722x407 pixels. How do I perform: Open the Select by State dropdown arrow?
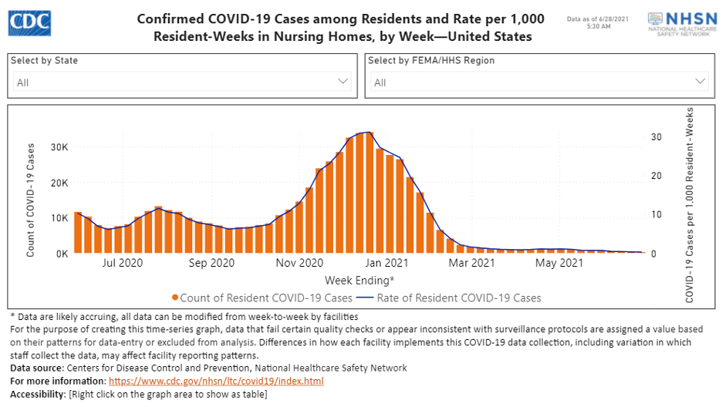point(343,81)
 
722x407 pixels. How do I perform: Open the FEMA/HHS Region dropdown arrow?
point(700,81)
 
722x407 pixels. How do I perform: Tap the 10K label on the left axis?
point(59,218)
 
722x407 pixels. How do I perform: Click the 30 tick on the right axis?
point(656,137)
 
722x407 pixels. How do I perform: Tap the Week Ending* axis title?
point(359,280)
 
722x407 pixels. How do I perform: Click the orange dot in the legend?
point(176,298)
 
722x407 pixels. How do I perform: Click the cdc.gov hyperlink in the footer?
point(216,381)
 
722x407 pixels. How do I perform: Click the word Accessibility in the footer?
point(38,394)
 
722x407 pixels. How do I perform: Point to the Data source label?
point(38,368)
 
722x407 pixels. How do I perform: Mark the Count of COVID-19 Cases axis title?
point(31,200)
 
